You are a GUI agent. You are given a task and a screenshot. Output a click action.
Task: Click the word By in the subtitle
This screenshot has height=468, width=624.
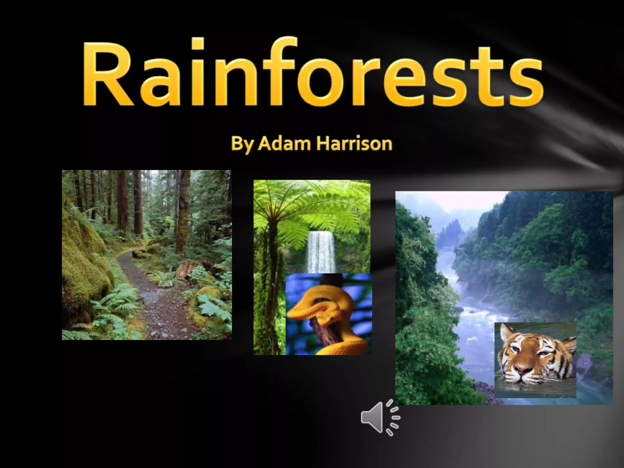coord(242,144)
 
